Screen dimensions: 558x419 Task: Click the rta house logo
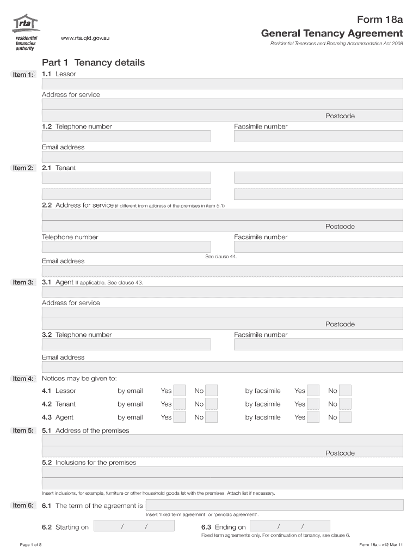pyautogui.click(x=27, y=24)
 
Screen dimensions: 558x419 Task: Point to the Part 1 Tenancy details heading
pyautogui.click(x=94, y=63)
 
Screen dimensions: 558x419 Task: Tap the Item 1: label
pyautogui.click(x=23, y=75)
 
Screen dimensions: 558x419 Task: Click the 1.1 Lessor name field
pyautogui.click(x=222, y=83)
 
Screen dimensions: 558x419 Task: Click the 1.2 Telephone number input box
pyautogui.click(x=126, y=136)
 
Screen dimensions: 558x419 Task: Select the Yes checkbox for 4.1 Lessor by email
pyautogui.click(x=180, y=391)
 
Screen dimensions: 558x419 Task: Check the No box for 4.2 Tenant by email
pyautogui.click(x=212, y=404)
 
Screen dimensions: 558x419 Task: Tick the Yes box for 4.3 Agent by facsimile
pyautogui.click(x=313, y=417)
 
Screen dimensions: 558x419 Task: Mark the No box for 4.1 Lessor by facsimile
pyautogui.click(x=346, y=391)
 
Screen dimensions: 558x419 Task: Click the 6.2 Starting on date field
pyautogui.click(x=134, y=526)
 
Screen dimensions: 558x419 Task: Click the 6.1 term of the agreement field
pyautogui.click(x=274, y=505)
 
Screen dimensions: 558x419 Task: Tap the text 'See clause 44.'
pyautogui.click(x=221, y=256)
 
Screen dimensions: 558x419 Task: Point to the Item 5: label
pyautogui.click(x=23, y=430)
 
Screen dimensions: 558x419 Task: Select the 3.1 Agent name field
pyautogui.click(x=222, y=292)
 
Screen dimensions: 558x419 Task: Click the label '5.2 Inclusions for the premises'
pyautogui.click(x=89, y=463)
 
